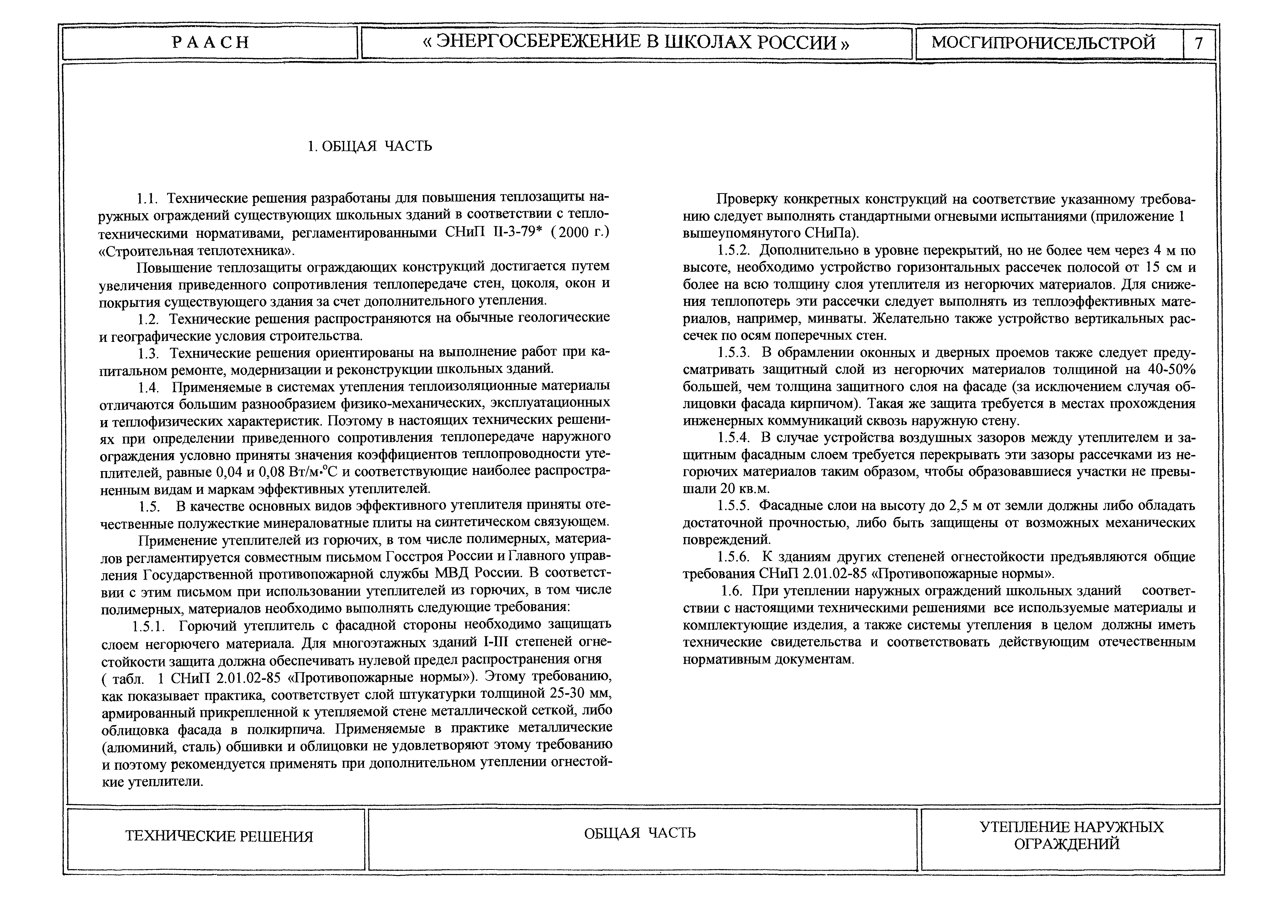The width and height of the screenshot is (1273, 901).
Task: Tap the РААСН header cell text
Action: tap(211, 43)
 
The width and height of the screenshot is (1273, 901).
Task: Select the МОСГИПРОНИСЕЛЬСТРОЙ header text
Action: tap(1044, 43)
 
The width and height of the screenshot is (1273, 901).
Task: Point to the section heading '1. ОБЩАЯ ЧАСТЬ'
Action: tap(370, 146)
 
